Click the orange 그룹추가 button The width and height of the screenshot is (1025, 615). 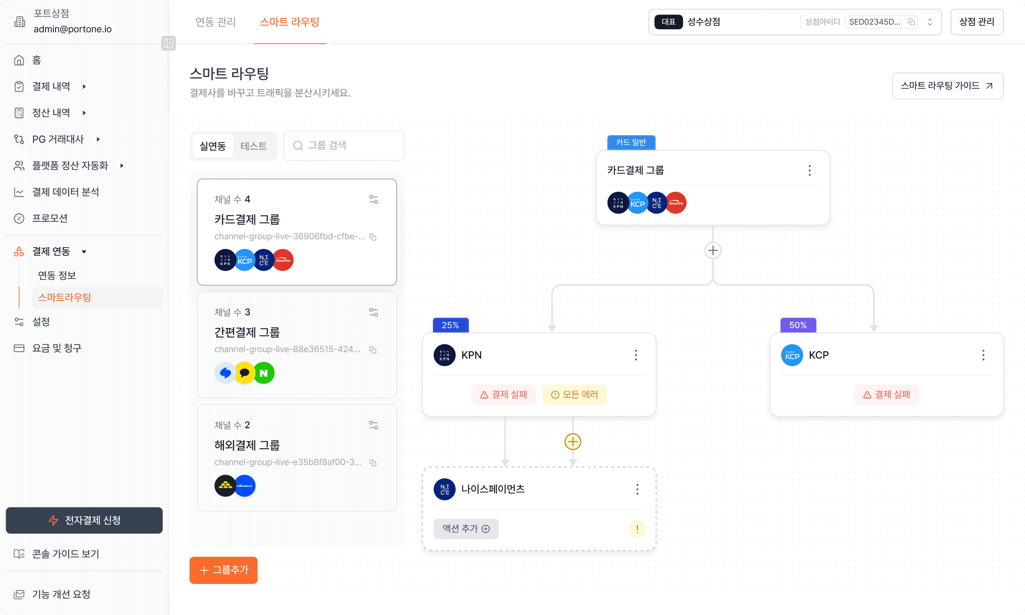(223, 570)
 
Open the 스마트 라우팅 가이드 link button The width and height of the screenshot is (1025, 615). (947, 86)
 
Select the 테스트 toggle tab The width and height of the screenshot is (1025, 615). (253, 146)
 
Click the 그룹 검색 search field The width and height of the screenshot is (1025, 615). (344, 146)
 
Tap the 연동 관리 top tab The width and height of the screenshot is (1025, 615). (216, 22)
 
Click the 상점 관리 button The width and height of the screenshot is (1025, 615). (976, 22)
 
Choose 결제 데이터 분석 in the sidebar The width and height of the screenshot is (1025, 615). (65, 192)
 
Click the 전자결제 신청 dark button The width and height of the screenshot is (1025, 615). (84, 520)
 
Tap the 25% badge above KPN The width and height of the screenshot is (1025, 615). (450, 325)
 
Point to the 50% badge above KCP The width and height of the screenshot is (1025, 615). (798, 325)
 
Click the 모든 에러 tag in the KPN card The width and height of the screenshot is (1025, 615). (574, 395)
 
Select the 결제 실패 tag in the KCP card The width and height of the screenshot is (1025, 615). (886, 395)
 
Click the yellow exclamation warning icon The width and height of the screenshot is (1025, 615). (637, 529)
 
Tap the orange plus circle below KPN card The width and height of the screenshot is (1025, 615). (572, 442)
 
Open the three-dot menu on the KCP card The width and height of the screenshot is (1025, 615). (983, 355)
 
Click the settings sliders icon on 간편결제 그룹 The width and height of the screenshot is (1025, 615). (373, 312)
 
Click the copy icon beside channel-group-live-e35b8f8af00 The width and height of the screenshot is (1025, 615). (373, 463)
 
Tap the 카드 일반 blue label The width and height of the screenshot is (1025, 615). (631, 143)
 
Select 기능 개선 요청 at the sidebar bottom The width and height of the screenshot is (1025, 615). (61, 594)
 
